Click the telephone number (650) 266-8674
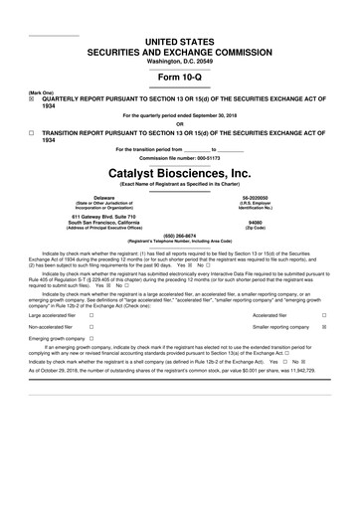coord(180,236)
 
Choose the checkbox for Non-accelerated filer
coord(91,327)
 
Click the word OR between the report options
coord(180,123)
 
